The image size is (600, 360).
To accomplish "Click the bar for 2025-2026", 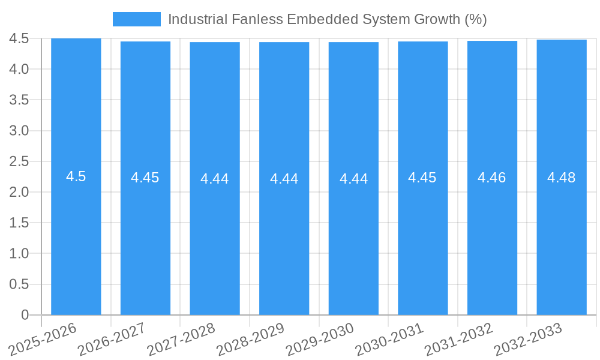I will [x=76, y=240].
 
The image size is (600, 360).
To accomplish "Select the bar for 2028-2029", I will [x=284, y=240].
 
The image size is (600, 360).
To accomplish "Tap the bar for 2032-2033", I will [x=561, y=240].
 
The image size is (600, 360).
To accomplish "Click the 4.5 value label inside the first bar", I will [x=76, y=176].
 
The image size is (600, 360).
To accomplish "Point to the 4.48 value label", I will [x=561, y=178].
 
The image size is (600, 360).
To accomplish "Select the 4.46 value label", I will [x=491, y=178].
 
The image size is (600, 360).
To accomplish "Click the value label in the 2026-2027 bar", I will [x=145, y=178].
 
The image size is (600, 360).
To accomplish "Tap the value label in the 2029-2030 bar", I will [x=353, y=179].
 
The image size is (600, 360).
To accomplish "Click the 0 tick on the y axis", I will [x=25, y=315].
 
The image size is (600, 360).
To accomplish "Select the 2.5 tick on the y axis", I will [x=19, y=161].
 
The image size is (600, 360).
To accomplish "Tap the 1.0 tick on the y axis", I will [x=19, y=254].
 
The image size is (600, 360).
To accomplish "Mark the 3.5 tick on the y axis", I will [x=19, y=100].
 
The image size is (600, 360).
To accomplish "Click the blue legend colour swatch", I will [x=137, y=19].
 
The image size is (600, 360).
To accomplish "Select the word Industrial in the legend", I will [x=197, y=19].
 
